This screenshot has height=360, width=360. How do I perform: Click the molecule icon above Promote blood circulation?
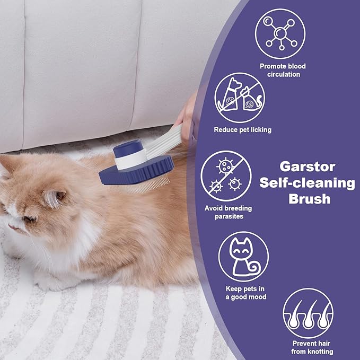[x=280, y=30]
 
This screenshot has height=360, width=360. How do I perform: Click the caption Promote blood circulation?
[x=283, y=70]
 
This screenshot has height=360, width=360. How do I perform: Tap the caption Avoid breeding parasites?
[x=228, y=212]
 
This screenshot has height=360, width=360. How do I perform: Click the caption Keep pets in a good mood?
[x=245, y=293]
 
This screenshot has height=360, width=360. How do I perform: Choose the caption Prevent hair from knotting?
[x=312, y=348]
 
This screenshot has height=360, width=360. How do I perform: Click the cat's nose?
[x=11, y=226]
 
